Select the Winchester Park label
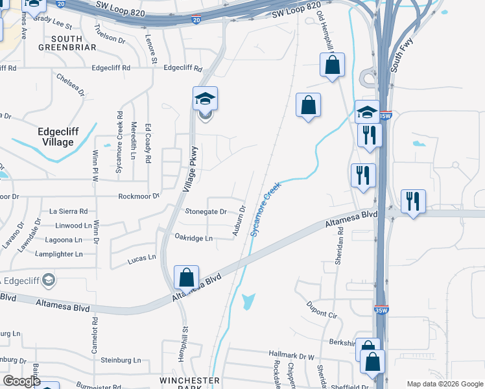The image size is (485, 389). [191, 383]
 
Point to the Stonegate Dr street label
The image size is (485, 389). [206, 211]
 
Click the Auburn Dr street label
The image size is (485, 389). [239, 220]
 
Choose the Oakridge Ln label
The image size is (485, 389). [193, 238]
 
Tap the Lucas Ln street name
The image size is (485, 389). [142, 257]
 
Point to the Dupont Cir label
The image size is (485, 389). [323, 309]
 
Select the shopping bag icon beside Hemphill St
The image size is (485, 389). [186, 277]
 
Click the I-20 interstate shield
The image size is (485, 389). [196, 20]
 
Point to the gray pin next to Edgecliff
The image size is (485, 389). [49, 280]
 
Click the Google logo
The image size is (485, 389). [21, 381]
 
